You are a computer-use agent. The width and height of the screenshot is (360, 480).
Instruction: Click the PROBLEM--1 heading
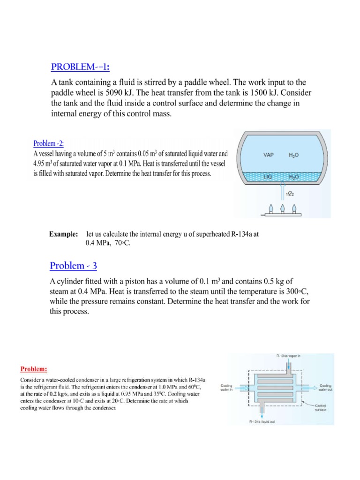pos(80,67)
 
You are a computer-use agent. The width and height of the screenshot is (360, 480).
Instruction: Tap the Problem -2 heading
pos(50,143)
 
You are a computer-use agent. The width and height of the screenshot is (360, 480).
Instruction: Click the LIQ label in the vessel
pos(267,177)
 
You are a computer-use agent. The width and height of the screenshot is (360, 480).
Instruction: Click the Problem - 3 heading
pos(74,266)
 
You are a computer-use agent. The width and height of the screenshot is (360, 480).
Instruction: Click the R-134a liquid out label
pos(265,421)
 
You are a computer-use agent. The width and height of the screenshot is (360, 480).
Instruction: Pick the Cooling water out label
pos(326,387)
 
